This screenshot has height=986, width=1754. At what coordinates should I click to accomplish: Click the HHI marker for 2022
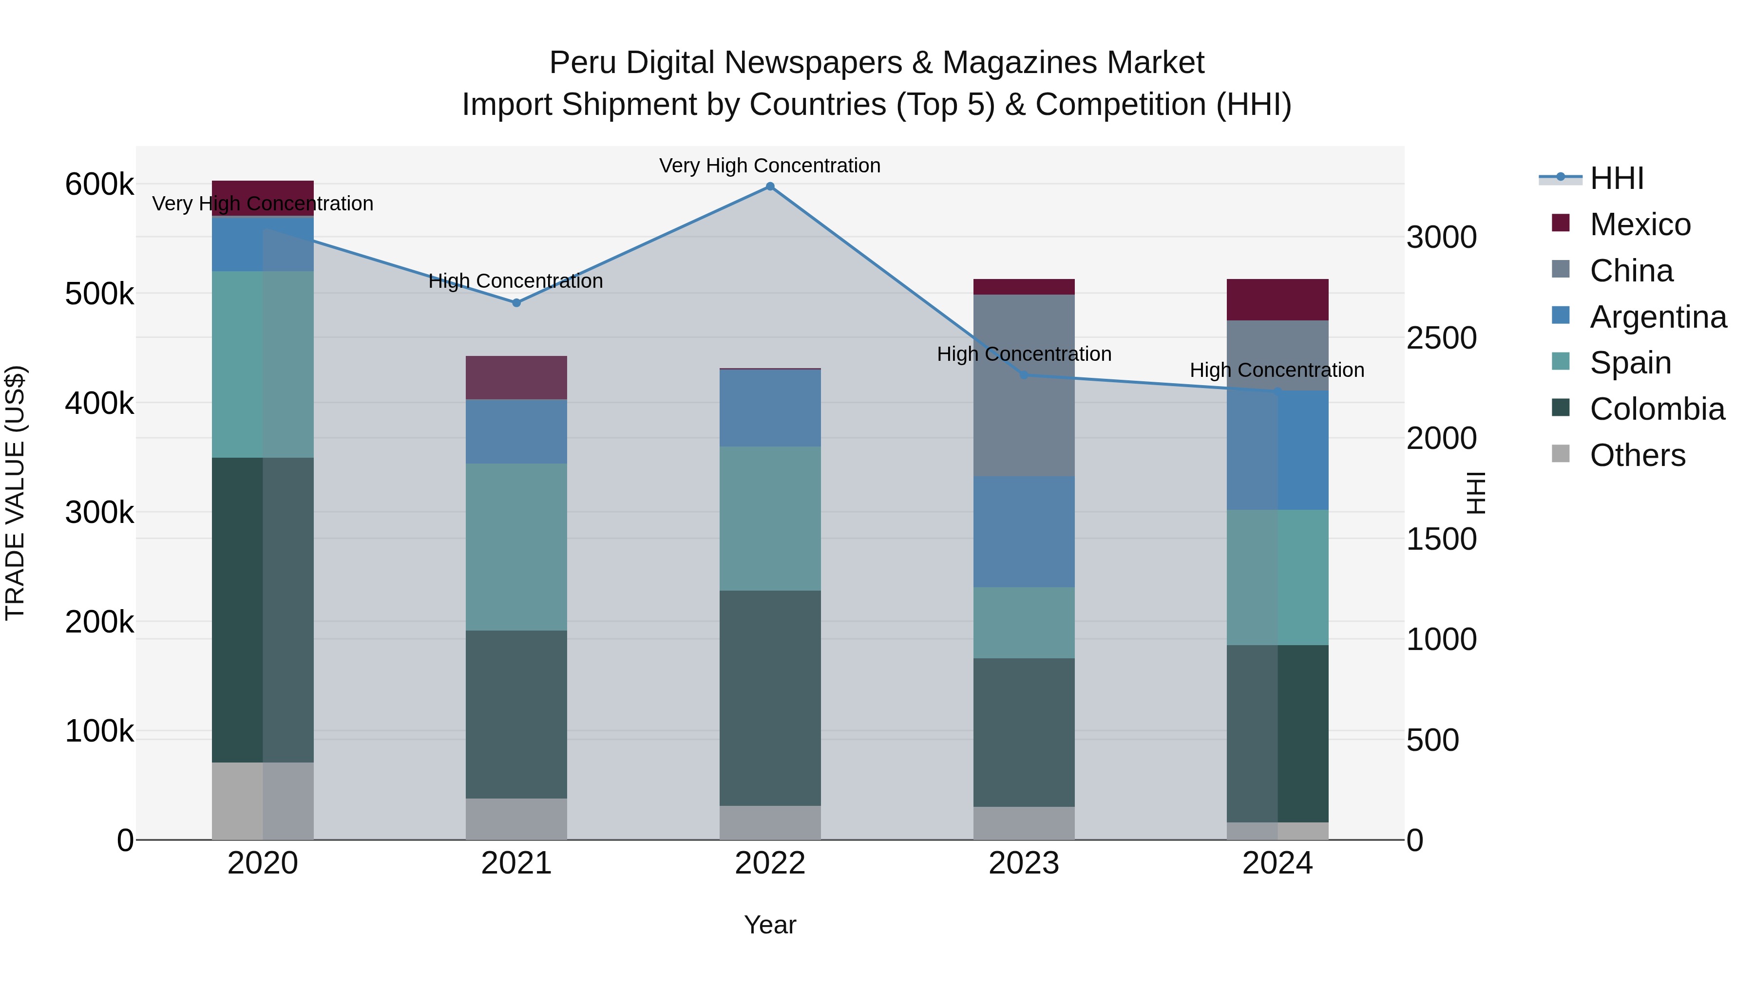point(770,186)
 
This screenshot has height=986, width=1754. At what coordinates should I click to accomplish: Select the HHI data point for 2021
point(516,303)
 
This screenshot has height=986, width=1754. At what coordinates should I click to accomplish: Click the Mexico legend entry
point(1639,224)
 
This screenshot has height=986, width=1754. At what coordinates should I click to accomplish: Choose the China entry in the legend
point(1631,271)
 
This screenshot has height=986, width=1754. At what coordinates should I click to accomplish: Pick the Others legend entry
point(1637,455)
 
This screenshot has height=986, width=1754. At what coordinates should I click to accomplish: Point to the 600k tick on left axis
point(99,185)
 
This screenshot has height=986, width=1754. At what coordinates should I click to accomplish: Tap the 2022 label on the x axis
point(770,863)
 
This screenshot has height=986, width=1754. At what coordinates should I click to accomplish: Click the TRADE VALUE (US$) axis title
point(16,493)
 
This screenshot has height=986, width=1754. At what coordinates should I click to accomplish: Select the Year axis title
point(770,925)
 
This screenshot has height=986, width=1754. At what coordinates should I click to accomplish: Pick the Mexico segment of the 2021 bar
point(516,378)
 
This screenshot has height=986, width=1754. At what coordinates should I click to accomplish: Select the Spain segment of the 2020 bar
point(263,364)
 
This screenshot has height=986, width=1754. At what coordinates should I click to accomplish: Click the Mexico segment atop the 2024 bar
point(1277,299)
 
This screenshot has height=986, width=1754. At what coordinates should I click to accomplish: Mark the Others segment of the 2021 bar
point(516,819)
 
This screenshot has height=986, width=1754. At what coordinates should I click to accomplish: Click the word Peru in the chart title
point(584,63)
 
